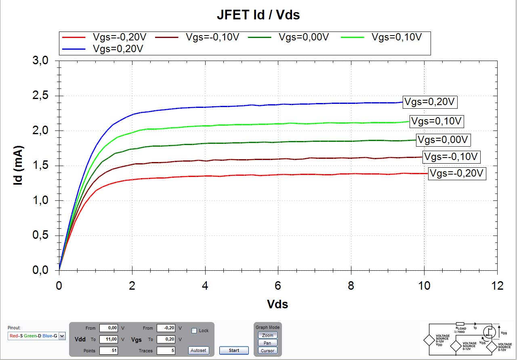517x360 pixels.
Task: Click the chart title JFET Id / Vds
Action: tap(258, 15)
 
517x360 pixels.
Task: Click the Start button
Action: tap(234, 350)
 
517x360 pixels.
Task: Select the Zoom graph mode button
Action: tap(267, 335)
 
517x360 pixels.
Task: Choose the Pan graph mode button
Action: tap(267, 343)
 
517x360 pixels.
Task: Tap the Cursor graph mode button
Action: tap(267, 351)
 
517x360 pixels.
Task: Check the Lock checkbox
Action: tap(194, 331)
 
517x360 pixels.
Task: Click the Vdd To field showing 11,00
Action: tap(108, 339)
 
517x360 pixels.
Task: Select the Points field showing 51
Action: tap(108, 351)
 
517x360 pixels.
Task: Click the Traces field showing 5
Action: tap(166, 351)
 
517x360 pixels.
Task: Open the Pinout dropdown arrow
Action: tap(62, 336)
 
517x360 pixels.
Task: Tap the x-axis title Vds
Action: tap(277, 304)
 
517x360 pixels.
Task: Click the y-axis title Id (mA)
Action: tap(18, 166)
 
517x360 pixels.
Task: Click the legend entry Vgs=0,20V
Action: tap(118, 48)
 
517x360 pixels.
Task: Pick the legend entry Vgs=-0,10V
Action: tap(212, 37)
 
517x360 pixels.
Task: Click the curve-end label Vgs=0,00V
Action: tap(444, 140)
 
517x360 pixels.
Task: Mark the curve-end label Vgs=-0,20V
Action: tap(457, 173)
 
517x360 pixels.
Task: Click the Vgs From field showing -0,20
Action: tap(166, 328)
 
